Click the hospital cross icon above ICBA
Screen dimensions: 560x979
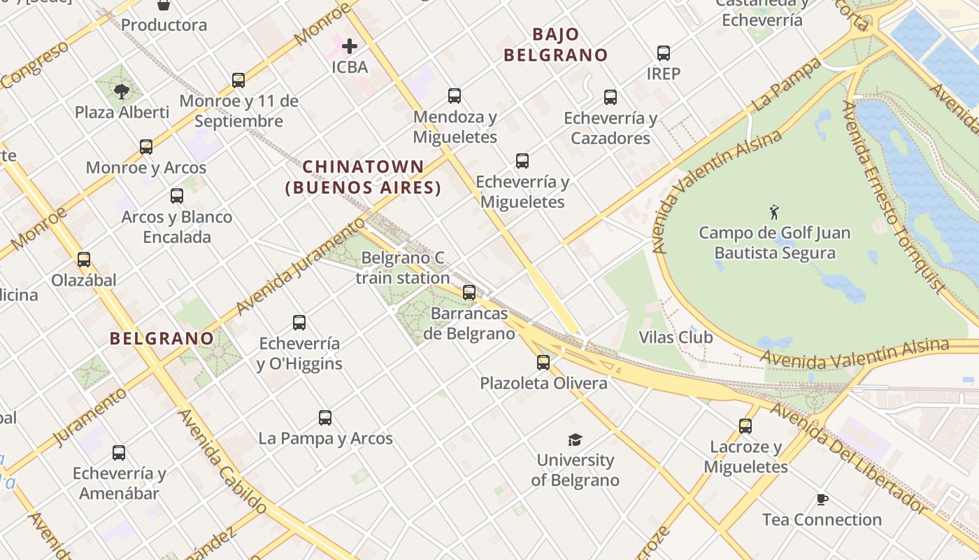tap(350, 46)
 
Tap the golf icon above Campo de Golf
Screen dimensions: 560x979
tap(773, 211)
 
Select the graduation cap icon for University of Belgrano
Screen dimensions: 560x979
tap(575, 440)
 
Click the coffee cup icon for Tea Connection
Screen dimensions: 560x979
tap(822, 499)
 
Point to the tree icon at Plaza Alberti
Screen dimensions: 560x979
tap(122, 91)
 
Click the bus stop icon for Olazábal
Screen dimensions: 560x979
tap(84, 260)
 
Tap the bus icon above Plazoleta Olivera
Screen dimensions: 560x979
tap(543, 363)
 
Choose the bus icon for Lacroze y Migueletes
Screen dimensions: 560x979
tap(745, 426)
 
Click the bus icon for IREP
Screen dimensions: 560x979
tap(663, 52)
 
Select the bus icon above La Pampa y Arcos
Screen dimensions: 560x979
tap(325, 418)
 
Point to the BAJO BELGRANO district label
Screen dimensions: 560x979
tap(556, 45)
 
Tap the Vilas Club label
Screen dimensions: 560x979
tap(676, 337)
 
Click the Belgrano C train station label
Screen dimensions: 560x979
tap(403, 268)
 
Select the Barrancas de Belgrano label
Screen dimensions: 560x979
tap(469, 323)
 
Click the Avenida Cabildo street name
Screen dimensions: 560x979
tap(222, 462)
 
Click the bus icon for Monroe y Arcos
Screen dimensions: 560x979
tap(146, 147)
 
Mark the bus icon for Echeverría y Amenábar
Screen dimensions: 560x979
tap(119, 453)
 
